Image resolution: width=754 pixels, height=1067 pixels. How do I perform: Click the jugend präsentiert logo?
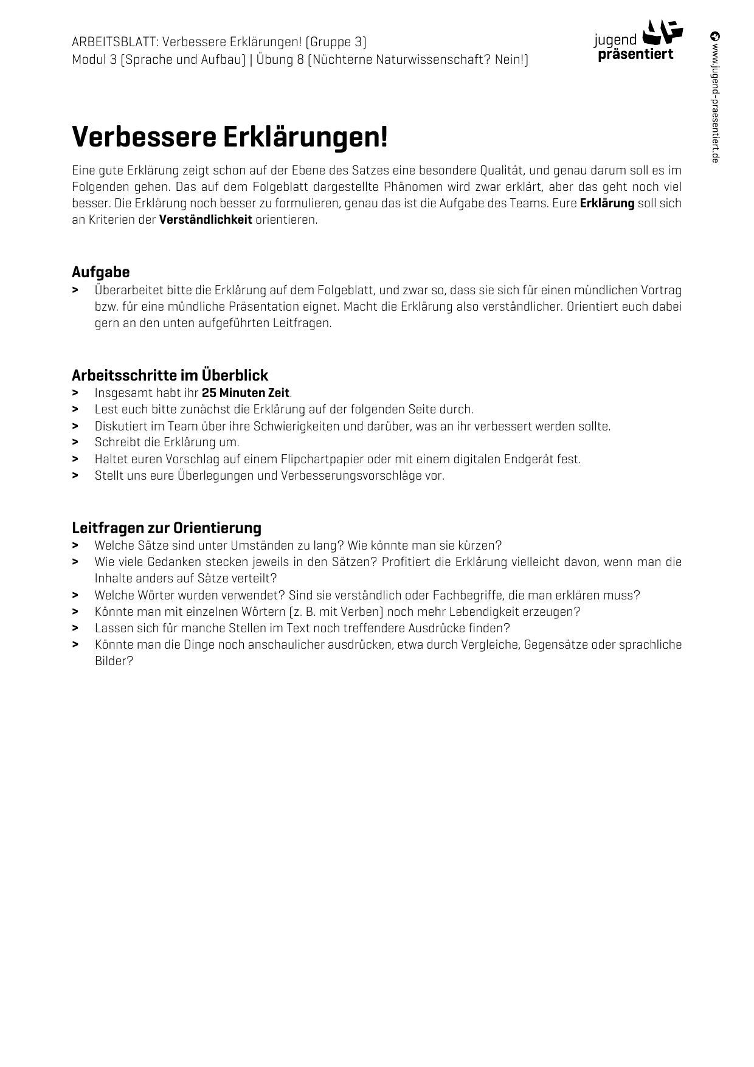[638, 41]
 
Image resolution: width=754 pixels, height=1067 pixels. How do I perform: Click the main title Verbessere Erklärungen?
[229, 137]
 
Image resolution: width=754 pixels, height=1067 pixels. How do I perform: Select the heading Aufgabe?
[100, 272]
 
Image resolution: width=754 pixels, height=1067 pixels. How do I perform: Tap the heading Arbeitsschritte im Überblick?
[170, 375]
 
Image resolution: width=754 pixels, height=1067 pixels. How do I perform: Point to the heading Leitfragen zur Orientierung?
[166, 528]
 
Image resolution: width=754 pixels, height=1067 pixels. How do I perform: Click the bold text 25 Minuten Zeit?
[246, 393]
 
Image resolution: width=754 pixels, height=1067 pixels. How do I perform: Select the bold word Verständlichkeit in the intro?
[206, 219]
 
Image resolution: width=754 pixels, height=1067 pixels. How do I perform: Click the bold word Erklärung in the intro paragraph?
[607, 203]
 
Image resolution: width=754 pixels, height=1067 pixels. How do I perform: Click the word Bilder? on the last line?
[114, 661]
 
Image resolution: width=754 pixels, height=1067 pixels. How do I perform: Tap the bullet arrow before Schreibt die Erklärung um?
[75, 442]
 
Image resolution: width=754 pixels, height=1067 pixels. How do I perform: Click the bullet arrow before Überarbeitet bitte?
[75, 290]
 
